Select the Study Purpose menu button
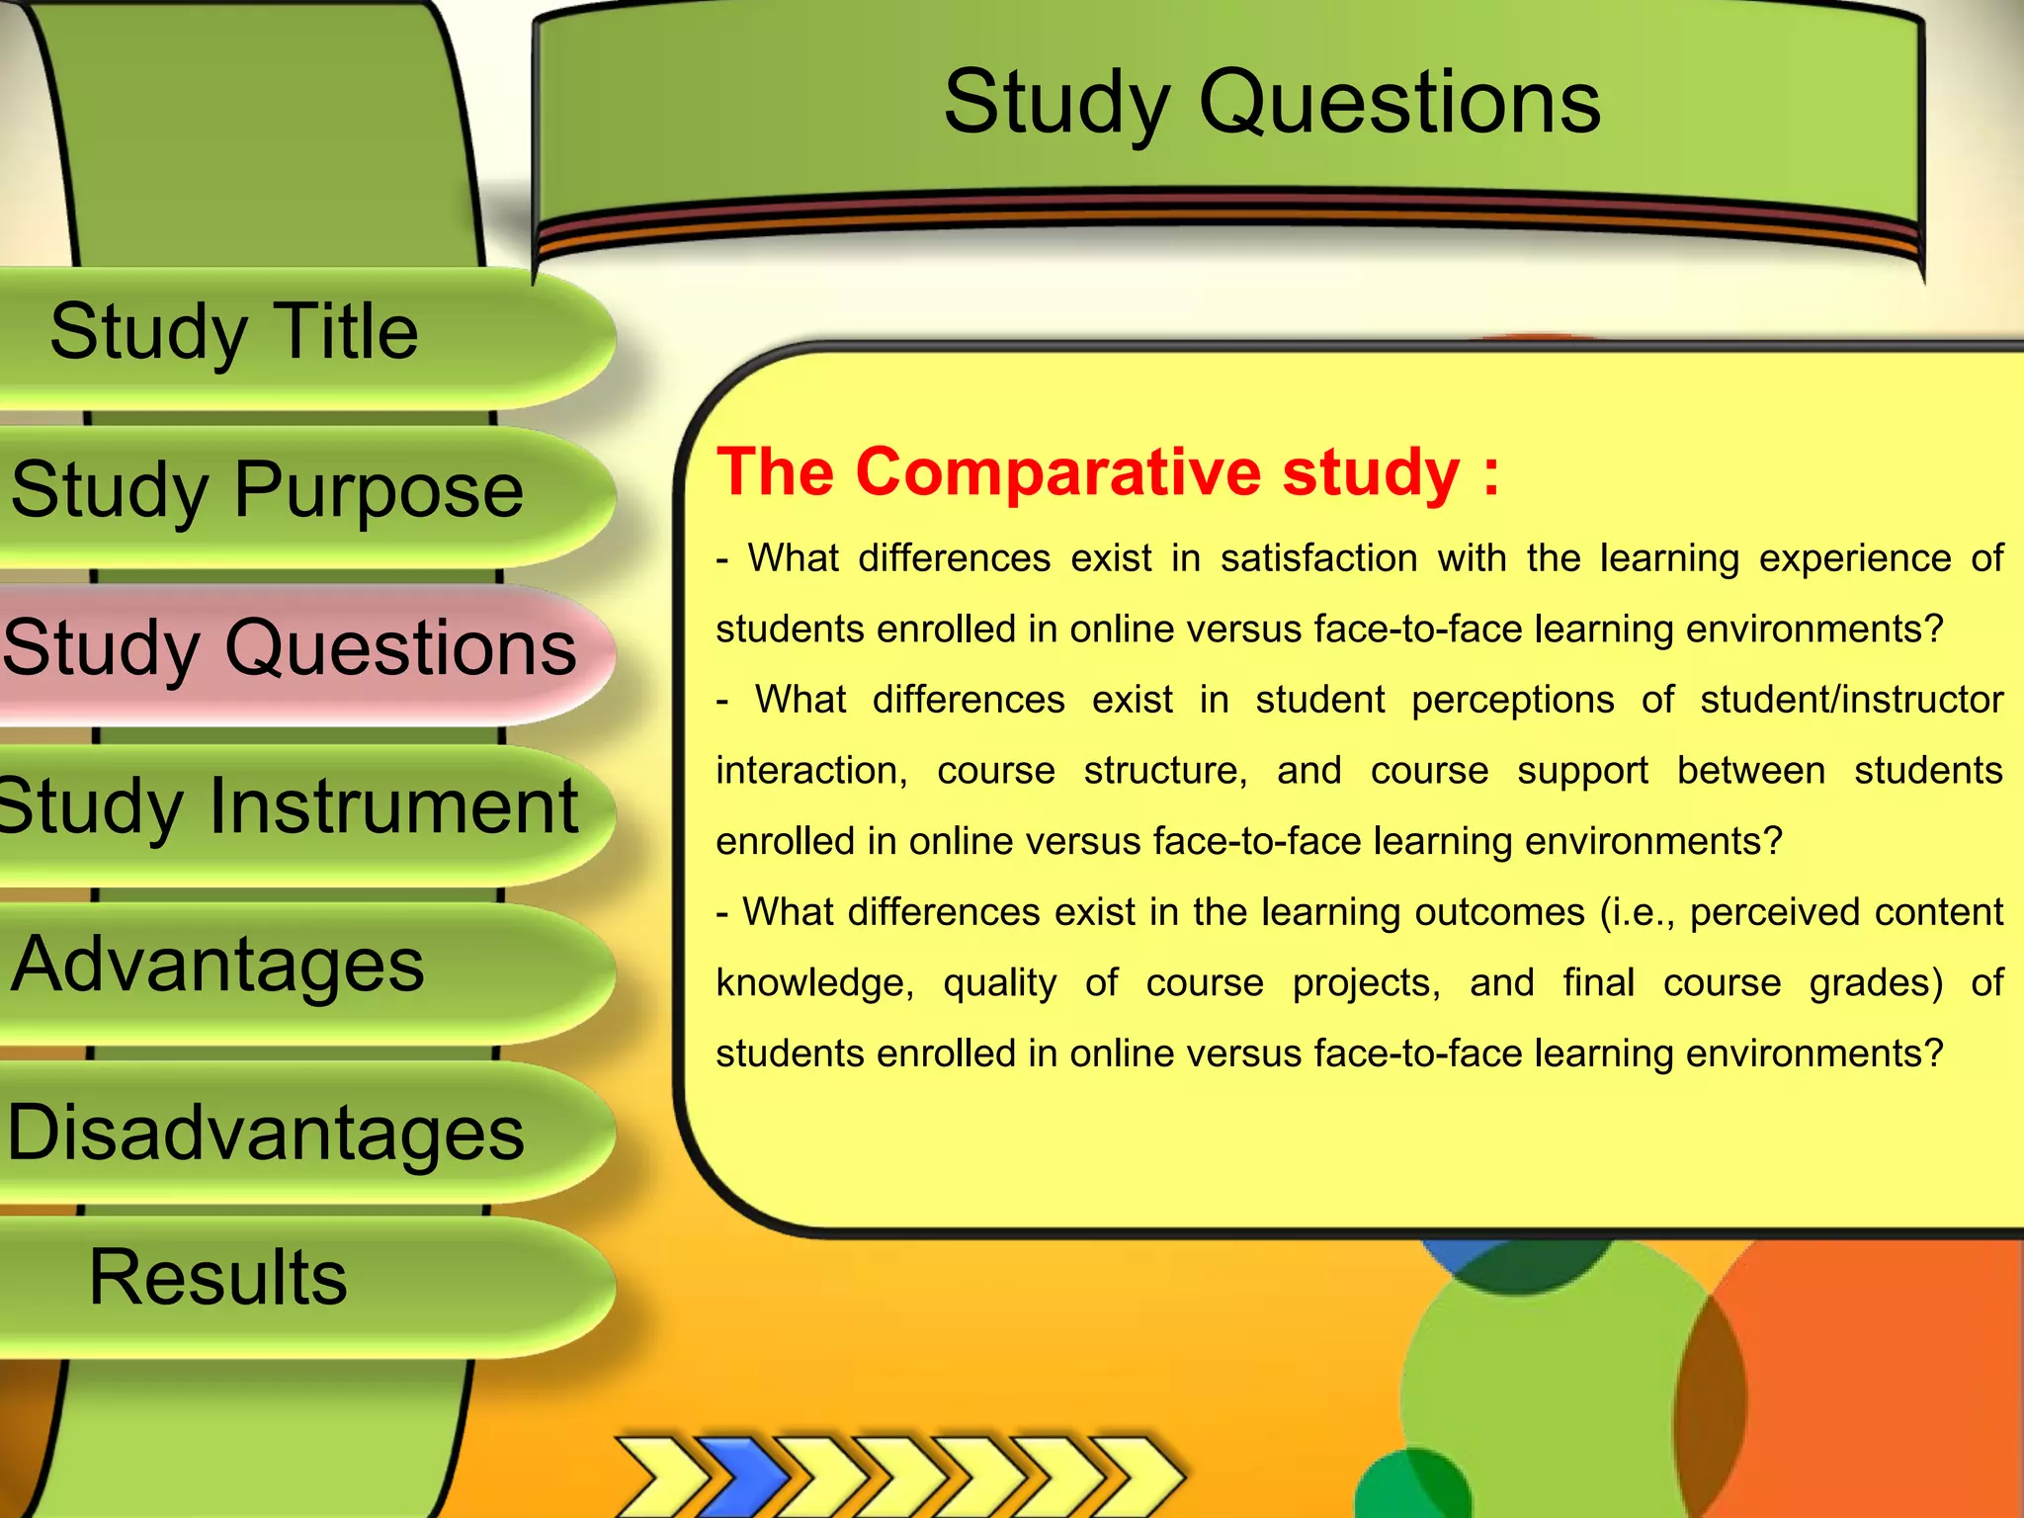[267, 491]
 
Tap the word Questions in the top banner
[1399, 104]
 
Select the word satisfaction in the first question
[1318, 559]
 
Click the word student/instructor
[1851, 701]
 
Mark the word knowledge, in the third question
[814, 984]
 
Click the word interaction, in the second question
[811, 772]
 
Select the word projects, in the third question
[1366, 983]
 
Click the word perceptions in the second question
[1512, 701]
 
